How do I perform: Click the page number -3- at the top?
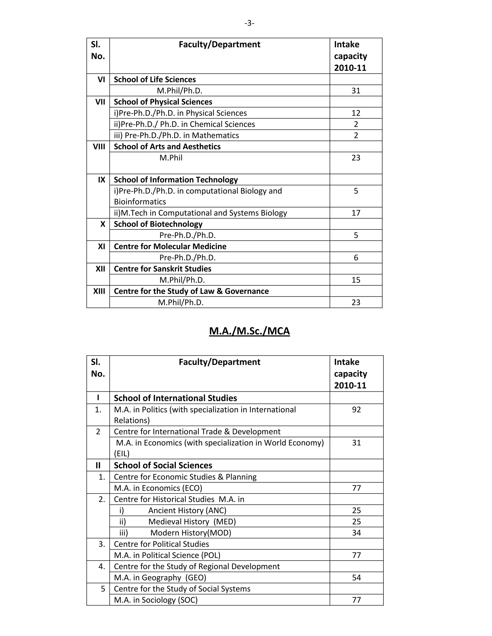tap(249, 23)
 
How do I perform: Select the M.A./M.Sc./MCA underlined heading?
tap(249, 331)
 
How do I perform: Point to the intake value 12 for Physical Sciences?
tap(356, 113)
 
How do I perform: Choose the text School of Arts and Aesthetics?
tap(167, 146)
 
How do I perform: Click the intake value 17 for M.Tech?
tap(356, 213)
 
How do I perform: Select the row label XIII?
tap(99, 291)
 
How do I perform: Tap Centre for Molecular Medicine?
tap(170, 246)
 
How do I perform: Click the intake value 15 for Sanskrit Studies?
tap(356, 280)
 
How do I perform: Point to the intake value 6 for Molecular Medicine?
tap(356, 258)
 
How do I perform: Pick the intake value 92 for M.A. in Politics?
tap(356, 409)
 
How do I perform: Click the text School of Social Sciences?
tap(163, 465)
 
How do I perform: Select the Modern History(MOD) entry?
tap(191, 533)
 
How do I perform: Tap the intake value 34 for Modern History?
tap(356, 533)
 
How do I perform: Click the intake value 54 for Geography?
tap(356, 577)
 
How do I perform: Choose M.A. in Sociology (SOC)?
tap(156, 600)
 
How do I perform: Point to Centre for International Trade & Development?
tap(197, 432)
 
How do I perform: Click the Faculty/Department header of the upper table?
tap(220, 45)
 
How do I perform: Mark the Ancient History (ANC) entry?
tap(187, 510)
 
